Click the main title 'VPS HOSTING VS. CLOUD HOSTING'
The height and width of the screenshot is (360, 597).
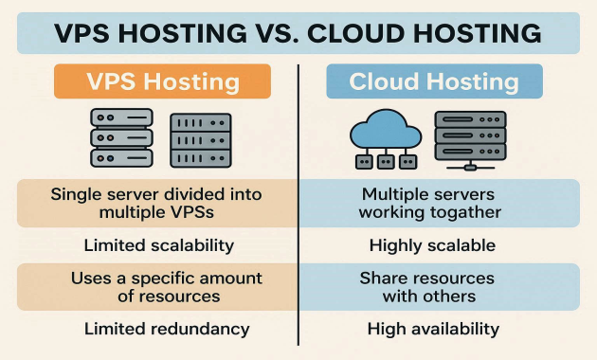point(298,33)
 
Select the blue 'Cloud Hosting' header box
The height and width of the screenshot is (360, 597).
point(434,81)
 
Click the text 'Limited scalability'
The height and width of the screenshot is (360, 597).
point(158,245)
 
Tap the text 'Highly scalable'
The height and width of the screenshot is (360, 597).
point(432,245)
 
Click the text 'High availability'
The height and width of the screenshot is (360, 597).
point(433,329)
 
